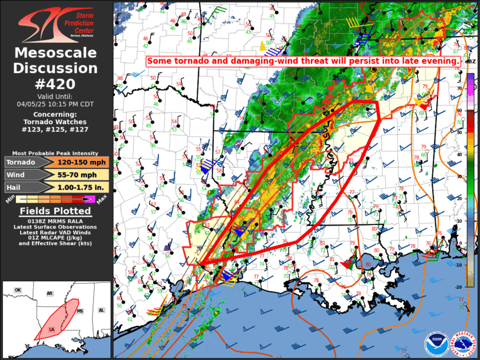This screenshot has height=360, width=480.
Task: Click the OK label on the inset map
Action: pos(18,290)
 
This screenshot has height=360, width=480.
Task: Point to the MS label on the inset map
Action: pos(81,311)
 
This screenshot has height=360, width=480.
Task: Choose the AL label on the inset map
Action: pos(101,310)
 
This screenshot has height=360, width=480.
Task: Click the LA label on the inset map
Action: pos(52,329)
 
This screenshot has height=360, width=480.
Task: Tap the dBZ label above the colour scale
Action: pos(470,62)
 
